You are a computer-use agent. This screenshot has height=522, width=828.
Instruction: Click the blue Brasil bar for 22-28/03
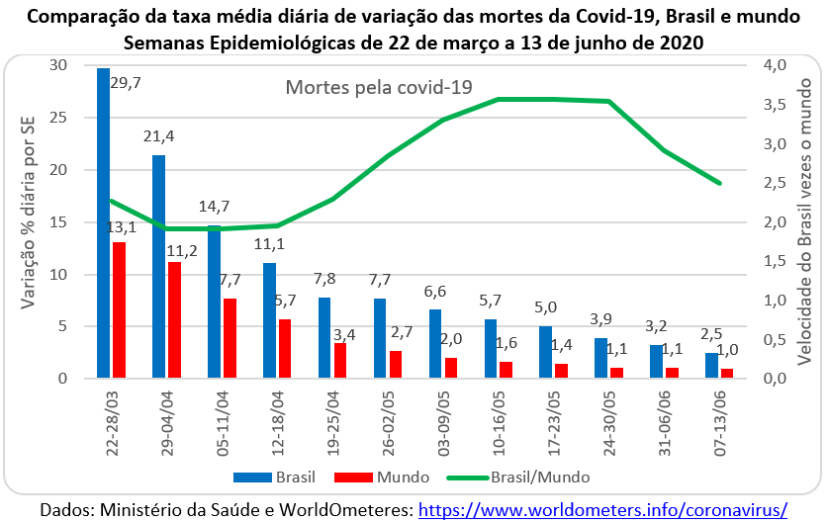click(x=103, y=223)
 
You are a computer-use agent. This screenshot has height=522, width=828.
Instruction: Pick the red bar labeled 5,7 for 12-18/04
click(x=285, y=349)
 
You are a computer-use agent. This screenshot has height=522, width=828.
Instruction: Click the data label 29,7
click(x=126, y=83)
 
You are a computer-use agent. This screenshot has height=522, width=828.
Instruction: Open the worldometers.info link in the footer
click(x=603, y=509)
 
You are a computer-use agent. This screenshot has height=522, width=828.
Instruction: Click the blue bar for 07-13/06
click(x=712, y=366)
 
